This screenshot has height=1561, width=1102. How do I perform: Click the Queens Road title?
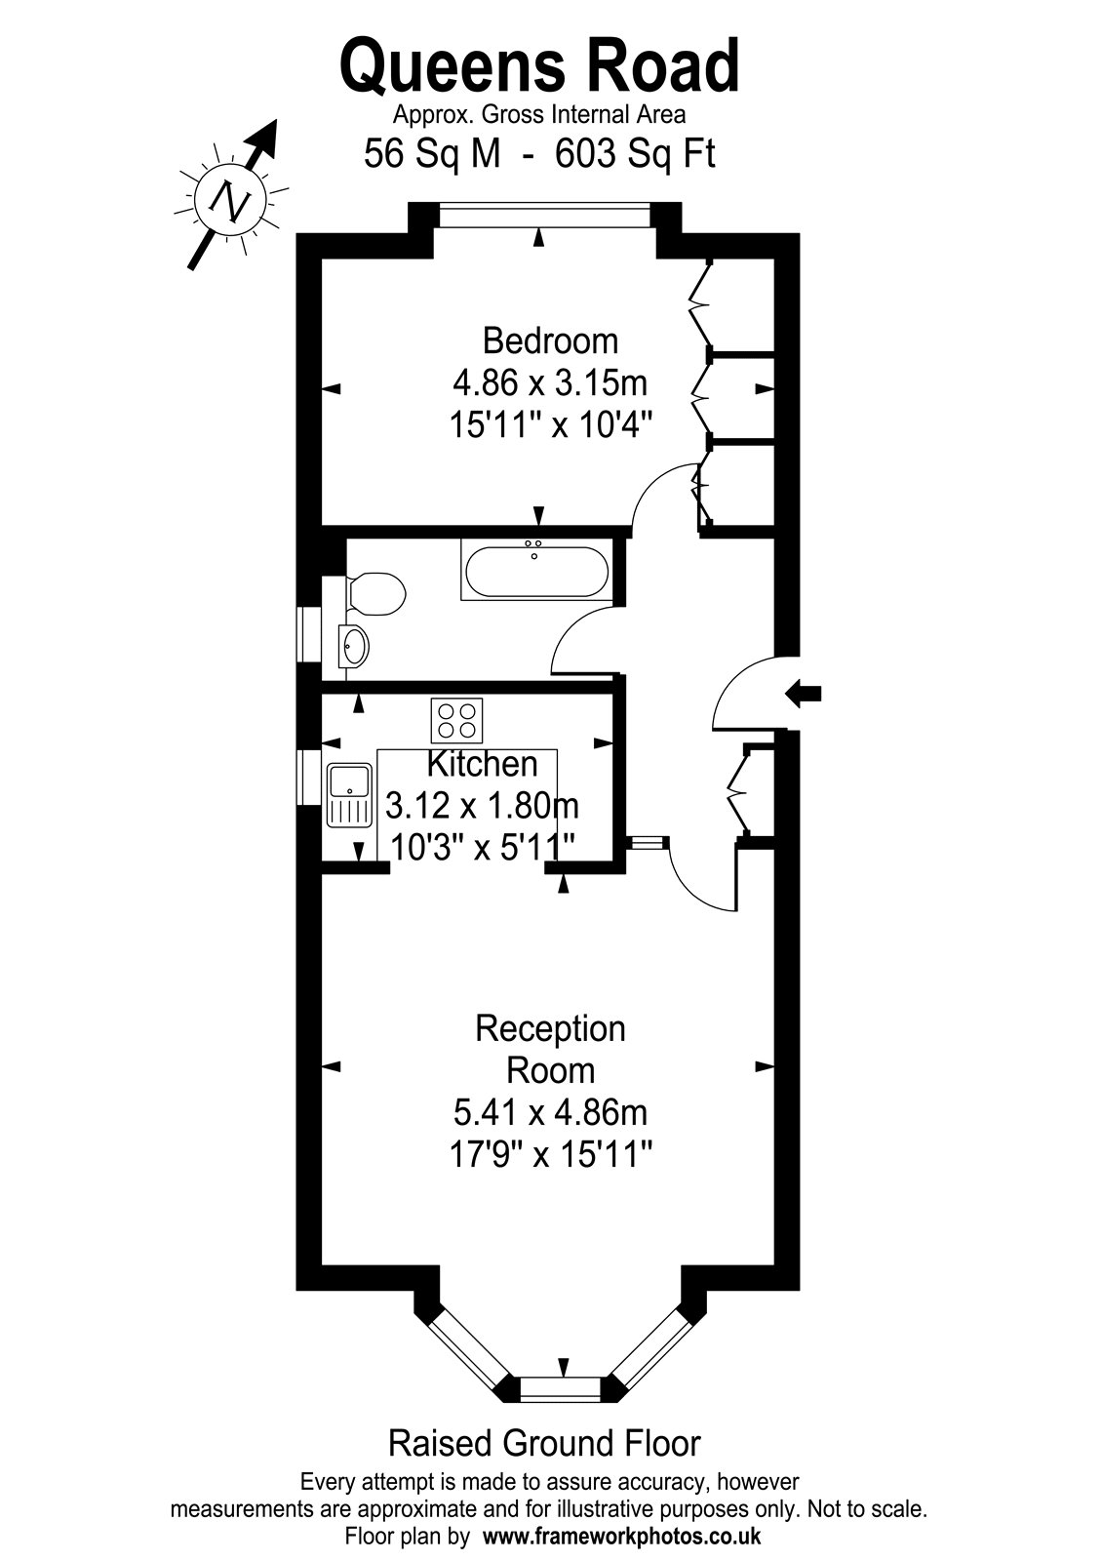click(539, 67)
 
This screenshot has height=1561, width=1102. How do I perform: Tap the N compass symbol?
click(230, 199)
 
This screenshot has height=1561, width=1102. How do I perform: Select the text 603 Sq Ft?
click(635, 154)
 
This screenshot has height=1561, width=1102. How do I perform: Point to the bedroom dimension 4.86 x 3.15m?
click(550, 382)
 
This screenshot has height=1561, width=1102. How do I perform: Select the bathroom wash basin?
click(354, 645)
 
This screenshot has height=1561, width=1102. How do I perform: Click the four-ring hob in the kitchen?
click(457, 721)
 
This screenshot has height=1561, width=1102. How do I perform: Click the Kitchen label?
click(482, 765)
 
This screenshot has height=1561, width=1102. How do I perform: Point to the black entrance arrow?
click(804, 694)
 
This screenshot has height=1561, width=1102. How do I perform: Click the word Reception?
click(550, 1028)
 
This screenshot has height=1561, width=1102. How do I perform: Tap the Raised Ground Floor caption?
click(544, 1443)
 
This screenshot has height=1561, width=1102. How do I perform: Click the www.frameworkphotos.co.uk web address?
click(621, 1536)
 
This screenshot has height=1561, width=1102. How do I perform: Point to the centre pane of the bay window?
click(565, 1387)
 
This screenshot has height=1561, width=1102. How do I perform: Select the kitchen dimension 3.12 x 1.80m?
click(482, 806)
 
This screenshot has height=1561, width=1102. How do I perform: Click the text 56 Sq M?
click(432, 154)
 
